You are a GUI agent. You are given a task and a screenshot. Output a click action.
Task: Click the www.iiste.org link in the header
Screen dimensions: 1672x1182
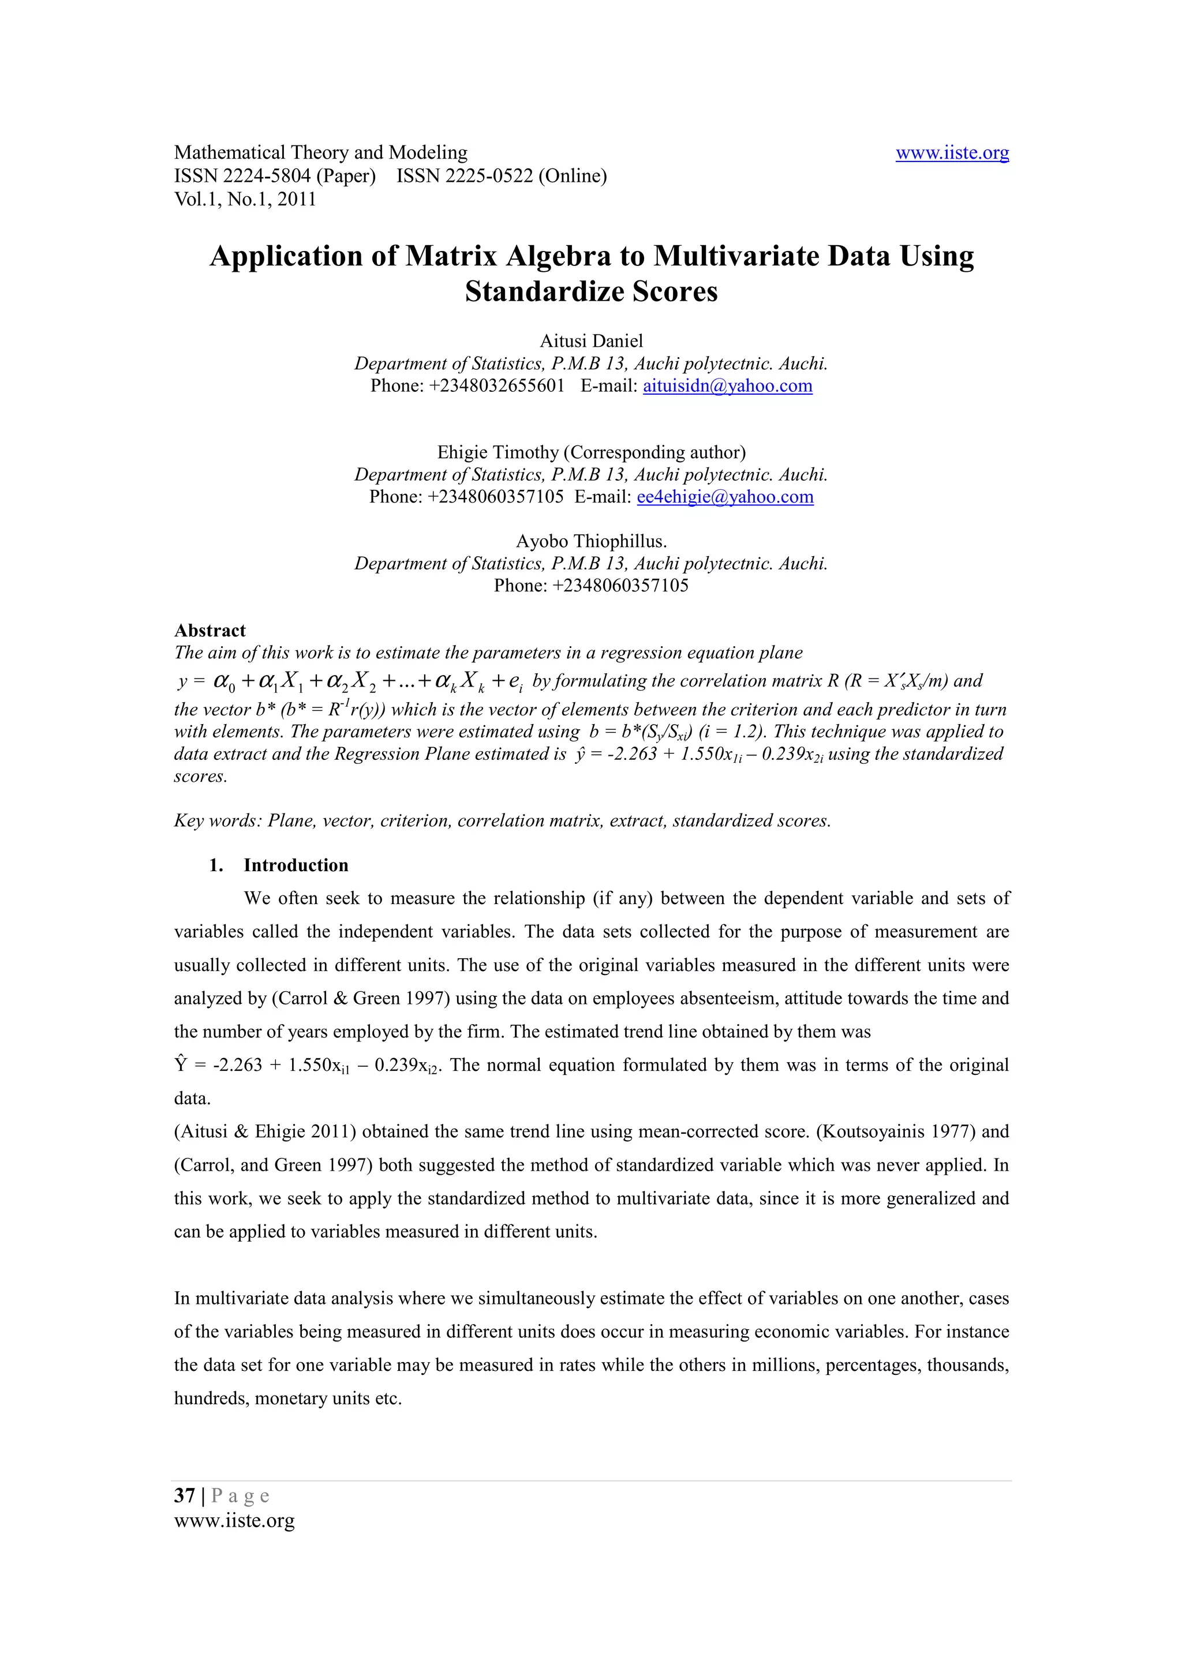(x=951, y=153)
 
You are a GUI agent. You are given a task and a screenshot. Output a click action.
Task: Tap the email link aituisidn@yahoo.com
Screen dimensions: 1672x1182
(x=727, y=386)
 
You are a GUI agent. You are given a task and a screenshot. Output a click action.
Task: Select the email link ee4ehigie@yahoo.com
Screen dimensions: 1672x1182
(x=725, y=497)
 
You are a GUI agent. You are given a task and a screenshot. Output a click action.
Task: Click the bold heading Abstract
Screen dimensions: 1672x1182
(x=210, y=631)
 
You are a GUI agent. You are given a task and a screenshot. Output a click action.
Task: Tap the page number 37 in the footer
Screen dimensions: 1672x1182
(x=184, y=1496)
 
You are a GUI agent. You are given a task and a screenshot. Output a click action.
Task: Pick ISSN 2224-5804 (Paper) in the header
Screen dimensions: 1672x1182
(x=275, y=176)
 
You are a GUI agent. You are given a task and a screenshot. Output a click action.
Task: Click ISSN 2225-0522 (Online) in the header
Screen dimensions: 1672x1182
(x=501, y=176)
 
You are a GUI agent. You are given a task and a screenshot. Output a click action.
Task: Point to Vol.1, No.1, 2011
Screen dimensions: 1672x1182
(x=245, y=200)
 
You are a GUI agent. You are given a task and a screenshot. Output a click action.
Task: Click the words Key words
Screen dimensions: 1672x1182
(x=216, y=820)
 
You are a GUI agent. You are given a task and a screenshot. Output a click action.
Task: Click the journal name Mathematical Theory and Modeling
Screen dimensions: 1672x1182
(x=320, y=153)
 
